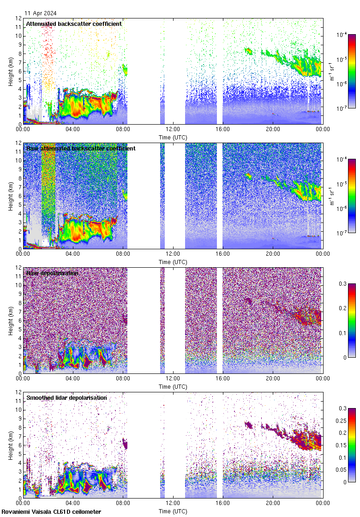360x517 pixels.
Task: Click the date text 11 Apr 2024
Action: click(x=42, y=14)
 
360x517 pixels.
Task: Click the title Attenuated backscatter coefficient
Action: click(x=74, y=24)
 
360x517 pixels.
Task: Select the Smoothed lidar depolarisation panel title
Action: click(x=66, y=398)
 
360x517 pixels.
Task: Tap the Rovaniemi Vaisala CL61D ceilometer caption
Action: click(x=51, y=512)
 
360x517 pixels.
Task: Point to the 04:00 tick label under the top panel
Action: click(x=73, y=129)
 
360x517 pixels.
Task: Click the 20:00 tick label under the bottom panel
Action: click(x=273, y=503)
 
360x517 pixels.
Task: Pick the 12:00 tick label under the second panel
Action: click(x=173, y=254)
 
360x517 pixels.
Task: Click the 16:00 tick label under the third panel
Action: click(x=223, y=379)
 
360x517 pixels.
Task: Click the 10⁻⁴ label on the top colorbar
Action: click(x=342, y=35)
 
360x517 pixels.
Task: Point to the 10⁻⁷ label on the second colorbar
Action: click(x=342, y=233)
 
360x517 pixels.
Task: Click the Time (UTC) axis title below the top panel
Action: click(x=173, y=137)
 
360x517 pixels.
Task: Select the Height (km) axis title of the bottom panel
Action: click(x=11, y=445)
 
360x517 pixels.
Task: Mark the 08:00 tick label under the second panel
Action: click(x=123, y=254)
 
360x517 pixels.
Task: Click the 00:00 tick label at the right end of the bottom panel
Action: click(x=322, y=503)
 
